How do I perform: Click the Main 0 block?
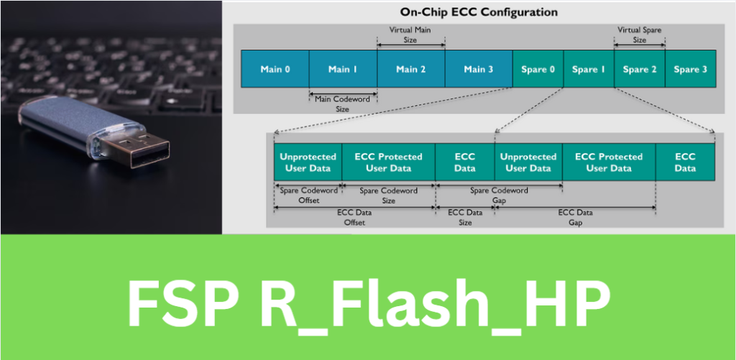pyautogui.click(x=275, y=69)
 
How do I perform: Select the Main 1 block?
pyautogui.click(x=343, y=69)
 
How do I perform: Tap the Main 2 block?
pyautogui.click(x=410, y=69)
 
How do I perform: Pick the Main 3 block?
pyautogui.click(x=478, y=69)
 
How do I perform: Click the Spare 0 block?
pyautogui.click(x=538, y=69)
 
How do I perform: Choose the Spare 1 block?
pyautogui.click(x=589, y=69)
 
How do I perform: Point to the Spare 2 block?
pyautogui.click(x=640, y=69)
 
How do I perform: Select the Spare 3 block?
pyautogui.click(x=691, y=69)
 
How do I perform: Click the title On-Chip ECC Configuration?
pyautogui.click(x=479, y=12)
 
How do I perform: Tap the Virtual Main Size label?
pyautogui.click(x=410, y=35)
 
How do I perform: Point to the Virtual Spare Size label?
pyautogui.click(x=639, y=35)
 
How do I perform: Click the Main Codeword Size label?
pyautogui.click(x=342, y=103)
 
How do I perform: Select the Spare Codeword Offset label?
pyautogui.click(x=303, y=195)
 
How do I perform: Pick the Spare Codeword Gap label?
pyautogui.click(x=499, y=195)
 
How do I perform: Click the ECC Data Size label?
pyautogui.click(x=465, y=218)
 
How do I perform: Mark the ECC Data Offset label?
pyautogui.click(x=355, y=218)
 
